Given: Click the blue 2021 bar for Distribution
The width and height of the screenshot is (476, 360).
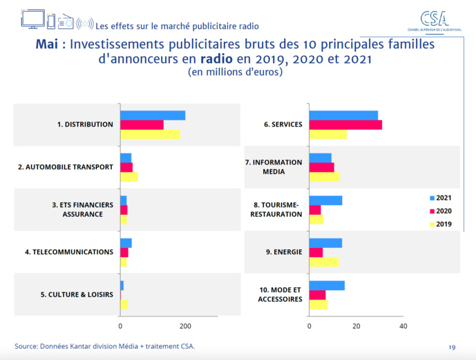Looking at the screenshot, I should tap(153, 115).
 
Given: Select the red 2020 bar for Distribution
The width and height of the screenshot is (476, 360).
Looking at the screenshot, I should tap(142, 124).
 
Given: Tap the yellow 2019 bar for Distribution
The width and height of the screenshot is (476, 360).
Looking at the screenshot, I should tap(150, 134).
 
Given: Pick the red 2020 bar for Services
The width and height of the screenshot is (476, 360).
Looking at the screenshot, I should tap(345, 124).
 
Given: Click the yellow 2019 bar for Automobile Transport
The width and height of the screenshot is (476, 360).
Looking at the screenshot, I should tap(128, 177).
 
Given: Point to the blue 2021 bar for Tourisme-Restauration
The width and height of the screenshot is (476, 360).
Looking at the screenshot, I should tap(325, 200).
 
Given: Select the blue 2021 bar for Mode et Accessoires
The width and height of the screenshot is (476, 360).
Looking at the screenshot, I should tap(327, 285).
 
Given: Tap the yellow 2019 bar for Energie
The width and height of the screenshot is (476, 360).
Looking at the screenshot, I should tap(323, 262).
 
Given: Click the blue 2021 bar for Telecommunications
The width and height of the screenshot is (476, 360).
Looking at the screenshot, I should tap(126, 243).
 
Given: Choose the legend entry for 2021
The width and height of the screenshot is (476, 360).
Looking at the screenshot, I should tap(440, 198).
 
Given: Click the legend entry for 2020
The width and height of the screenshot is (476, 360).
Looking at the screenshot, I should tap(440, 211).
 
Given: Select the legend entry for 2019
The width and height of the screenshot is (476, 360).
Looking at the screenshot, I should tap(440, 224).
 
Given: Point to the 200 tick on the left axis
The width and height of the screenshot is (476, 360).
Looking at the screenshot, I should tap(185, 326).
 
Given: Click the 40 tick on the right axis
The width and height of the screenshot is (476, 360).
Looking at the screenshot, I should tap(403, 326).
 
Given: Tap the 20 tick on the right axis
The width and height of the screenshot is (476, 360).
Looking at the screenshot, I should tap(356, 326).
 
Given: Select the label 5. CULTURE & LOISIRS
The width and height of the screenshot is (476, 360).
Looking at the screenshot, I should tap(76, 294).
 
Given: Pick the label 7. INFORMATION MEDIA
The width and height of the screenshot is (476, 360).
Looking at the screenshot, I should tap(274, 167).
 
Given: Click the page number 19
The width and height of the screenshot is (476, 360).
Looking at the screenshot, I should tap(452, 346).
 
